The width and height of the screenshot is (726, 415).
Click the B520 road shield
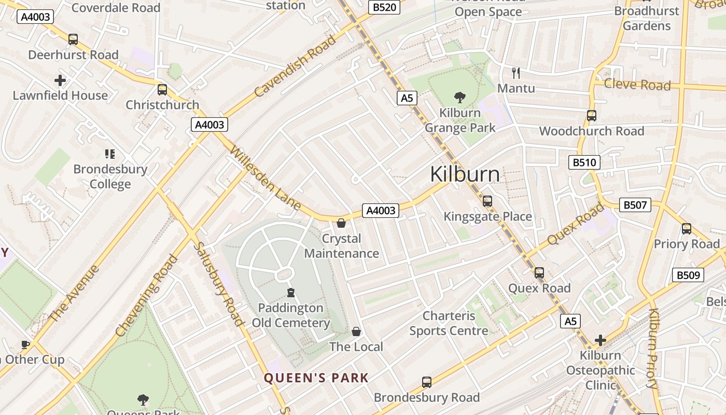[x=384, y=7]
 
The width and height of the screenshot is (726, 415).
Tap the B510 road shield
[x=584, y=162]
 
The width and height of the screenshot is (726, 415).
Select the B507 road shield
[x=635, y=205]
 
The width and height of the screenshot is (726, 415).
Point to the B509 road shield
[x=688, y=275]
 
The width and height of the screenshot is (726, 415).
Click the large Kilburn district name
[x=465, y=174]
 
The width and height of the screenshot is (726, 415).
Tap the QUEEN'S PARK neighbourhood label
[x=316, y=378]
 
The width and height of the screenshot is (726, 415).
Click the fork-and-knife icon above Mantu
[x=515, y=73]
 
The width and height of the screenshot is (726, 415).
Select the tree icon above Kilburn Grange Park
[x=459, y=97]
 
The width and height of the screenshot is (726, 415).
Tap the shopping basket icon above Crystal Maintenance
[x=341, y=223]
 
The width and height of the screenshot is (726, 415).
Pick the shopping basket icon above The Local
[x=356, y=331]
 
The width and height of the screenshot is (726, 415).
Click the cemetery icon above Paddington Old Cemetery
[x=291, y=293]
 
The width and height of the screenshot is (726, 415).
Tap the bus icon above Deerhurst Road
[x=73, y=39]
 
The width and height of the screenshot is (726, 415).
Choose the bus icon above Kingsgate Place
[x=487, y=201]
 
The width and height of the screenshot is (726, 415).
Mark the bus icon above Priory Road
[x=687, y=228]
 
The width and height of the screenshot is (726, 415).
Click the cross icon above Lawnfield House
[x=60, y=80]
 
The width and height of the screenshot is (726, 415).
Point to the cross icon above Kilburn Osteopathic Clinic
[x=601, y=340]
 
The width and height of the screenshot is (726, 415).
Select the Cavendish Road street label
[x=296, y=66]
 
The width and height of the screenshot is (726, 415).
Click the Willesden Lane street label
[x=265, y=178]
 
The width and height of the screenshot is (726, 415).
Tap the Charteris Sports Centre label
[x=449, y=323]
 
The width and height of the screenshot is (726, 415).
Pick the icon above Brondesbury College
[x=110, y=154]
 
